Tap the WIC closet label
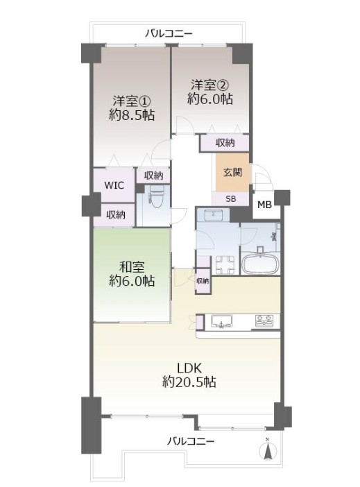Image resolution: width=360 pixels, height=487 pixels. [x=114, y=185]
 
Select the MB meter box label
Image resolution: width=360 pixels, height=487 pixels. [x=265, y=205]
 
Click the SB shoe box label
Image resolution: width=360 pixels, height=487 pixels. [x=231, y=199]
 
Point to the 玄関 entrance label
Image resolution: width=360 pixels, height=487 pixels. [x=232, y=172]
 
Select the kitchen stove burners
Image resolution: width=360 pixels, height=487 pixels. [x=264, y=321]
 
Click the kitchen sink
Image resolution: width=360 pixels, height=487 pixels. [x=222, y=321]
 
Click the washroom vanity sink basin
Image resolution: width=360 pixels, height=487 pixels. [x=214, y=214]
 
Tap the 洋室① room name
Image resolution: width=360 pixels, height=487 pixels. [x=132, y=101]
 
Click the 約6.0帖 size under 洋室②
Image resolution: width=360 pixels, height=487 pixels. [x=210, y=99]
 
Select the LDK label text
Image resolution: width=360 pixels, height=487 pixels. [x=189, y=368]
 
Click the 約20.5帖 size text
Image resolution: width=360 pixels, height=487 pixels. [x=189, y=382]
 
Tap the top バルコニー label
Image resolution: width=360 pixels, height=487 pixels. [x=169, y=33]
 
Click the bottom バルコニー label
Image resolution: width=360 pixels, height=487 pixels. [x=191, y=441]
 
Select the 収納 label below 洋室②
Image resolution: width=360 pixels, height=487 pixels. [x=225, y=143]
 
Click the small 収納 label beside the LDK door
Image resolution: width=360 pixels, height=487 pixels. [x=203, y=281]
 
